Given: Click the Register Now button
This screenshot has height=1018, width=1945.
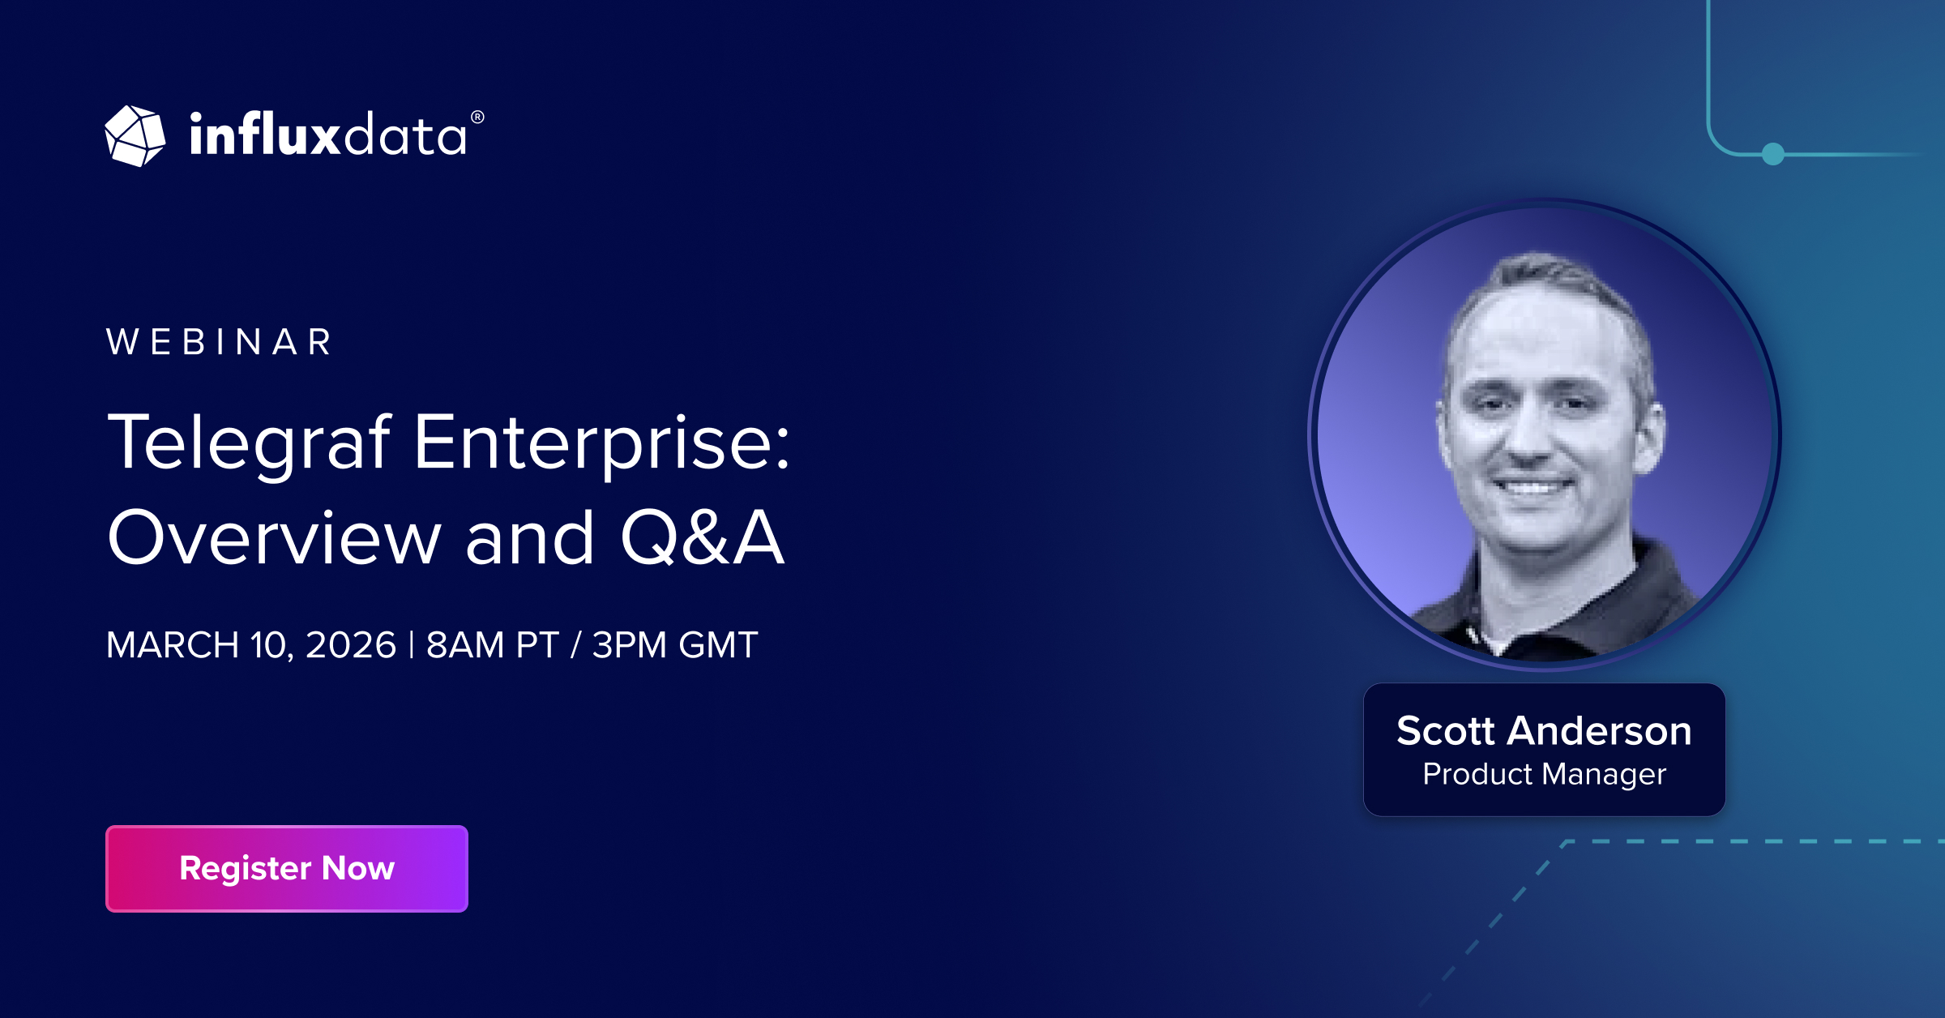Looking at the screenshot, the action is click(x=287, y=869).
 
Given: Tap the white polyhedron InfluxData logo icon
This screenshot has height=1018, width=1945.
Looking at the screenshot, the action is click(x=135, y=136).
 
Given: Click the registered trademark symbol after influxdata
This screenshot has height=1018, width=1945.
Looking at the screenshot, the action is click(x=477, y=118).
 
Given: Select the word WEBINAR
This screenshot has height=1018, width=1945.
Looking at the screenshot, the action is click(x=219, y=342).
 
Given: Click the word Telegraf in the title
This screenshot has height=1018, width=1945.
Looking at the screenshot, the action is click(x=250, y=444).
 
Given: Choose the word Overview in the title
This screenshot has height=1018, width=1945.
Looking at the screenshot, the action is click(x=275, y=537).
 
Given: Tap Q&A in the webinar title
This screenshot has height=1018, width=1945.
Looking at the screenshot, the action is click(x=703, y=537).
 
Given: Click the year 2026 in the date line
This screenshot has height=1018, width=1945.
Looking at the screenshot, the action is click(x=351, y=645).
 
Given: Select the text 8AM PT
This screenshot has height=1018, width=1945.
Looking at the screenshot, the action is click(x=492, y=645).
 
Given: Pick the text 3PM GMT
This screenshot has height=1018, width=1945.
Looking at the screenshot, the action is click(x=675, y=645).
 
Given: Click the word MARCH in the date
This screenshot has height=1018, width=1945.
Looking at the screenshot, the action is click(x=173, y=645).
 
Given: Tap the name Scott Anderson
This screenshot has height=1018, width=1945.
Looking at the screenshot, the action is click(x=1545, y=730).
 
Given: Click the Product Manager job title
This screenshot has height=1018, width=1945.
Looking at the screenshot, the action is click(x=1545, y=775).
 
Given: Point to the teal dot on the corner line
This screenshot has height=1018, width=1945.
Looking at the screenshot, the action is click(x=1773, y=153).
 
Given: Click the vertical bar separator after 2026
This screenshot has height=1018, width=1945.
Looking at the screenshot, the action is click(x=412, y=645).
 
